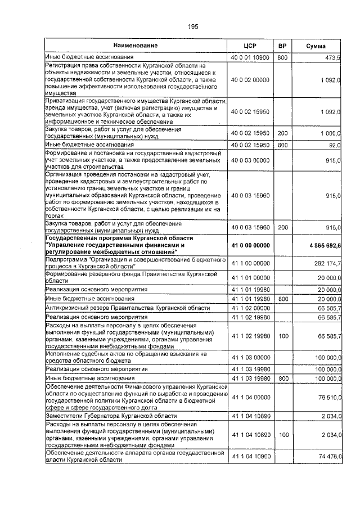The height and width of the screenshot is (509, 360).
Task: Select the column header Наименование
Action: point(135,45)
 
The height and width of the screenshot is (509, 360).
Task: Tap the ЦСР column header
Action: point(250,45)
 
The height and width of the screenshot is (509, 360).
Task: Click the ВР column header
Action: point(282,45)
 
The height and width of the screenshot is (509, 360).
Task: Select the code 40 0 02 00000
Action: point(250,80)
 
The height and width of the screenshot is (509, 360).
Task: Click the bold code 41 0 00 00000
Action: point(250,246)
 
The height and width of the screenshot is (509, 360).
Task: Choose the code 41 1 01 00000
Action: point(250,277)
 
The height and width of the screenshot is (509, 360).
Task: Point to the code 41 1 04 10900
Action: point(250,456)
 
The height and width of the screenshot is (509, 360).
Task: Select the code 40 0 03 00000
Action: point(250,160)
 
